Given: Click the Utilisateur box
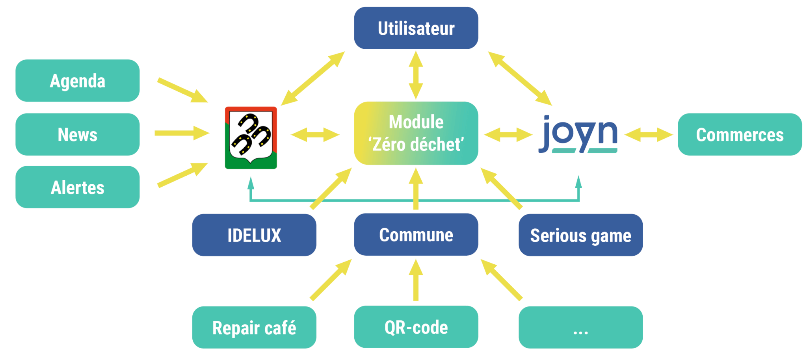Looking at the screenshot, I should click(416, 28).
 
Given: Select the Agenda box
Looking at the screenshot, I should click(77, 81).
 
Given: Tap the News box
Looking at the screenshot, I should click(77, 134).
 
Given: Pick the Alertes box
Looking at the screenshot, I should click(77, 187).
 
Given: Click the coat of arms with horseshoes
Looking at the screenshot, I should click(251, 137).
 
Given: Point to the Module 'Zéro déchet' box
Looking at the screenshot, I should click(416, 133).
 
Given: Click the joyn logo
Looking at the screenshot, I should click(578, 134).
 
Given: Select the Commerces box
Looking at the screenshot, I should click(739, 134).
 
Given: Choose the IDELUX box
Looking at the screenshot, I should click(254, 235).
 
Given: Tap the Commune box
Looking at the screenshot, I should click(416, 235).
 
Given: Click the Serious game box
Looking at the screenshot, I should click(580, 235).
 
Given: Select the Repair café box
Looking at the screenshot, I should click(254, 327).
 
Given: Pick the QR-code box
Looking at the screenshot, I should click(416, 327).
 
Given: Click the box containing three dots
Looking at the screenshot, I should click(580, 327).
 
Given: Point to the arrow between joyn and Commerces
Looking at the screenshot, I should click(649, 135).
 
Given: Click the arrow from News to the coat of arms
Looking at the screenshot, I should click(181, 133).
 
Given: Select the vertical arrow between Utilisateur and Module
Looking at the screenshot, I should click(416, 75).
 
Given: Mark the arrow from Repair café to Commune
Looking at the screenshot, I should click(330, 280).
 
